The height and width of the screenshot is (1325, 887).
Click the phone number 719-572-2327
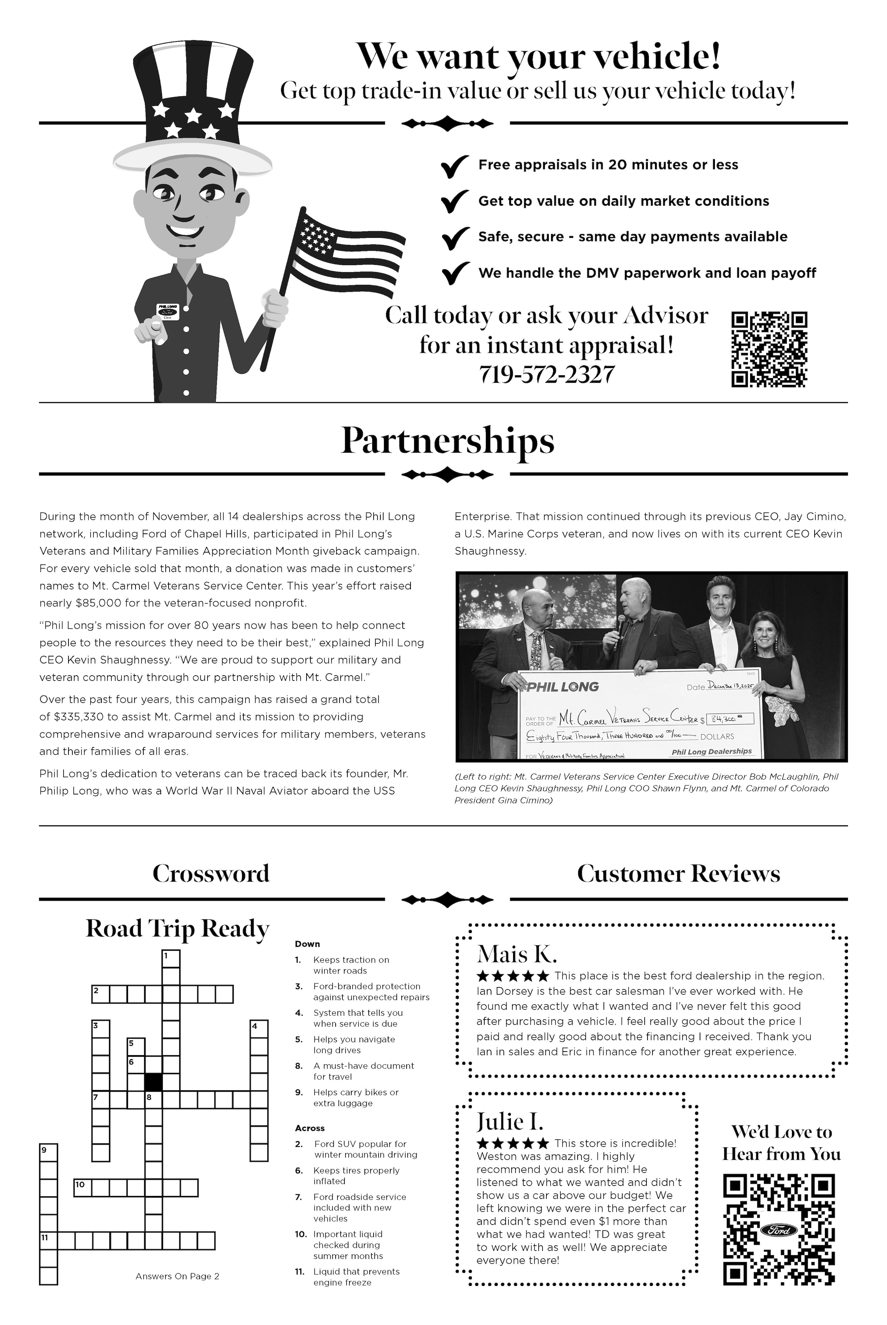pos(546,375)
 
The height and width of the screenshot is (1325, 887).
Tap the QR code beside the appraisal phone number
pos(769,349)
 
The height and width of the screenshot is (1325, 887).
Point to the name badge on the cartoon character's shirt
pos(167,312)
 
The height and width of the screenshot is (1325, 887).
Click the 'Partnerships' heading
pos(447,441)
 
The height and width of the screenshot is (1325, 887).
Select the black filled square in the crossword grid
pos(153,1082)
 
